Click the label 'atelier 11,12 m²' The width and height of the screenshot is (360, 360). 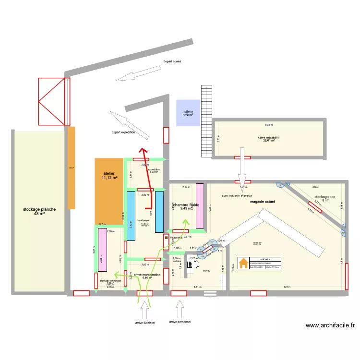tap(109, 175)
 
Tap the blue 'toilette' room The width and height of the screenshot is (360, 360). tap(188, 113)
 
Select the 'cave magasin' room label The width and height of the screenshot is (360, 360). tap(268, 139)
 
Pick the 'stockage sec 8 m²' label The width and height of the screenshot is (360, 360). tap(324, 199)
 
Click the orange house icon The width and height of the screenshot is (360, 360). tap(244, 263)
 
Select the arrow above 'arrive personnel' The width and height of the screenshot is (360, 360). tap(180, 309)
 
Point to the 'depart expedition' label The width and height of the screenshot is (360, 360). tap(123, 132)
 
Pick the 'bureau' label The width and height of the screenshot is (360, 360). tap(207, 271)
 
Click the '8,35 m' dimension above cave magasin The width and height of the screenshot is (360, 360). tap(268, 125)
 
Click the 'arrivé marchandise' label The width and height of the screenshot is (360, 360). tap(147, 274)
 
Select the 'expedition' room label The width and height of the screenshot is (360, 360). tap(154, 170)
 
